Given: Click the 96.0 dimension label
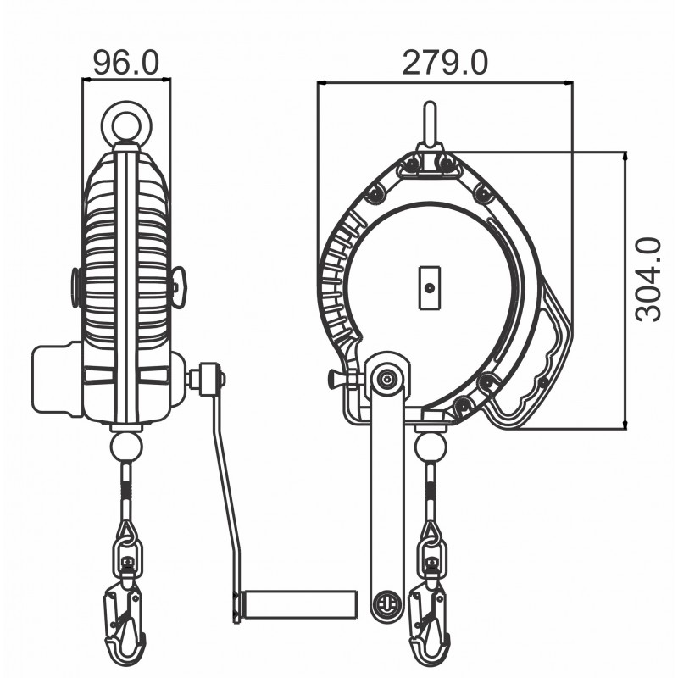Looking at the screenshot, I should click(x=125, y=63).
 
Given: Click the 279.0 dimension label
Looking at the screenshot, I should click(x=445, y=63).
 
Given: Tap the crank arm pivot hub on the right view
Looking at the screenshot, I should click(x=388, y=378).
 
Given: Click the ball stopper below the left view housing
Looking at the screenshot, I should click(x=126, y=445).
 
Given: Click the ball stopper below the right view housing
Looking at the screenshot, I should click(x=430, y=446).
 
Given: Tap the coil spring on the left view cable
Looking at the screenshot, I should click(x=126, y=489).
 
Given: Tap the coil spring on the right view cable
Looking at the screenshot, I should click(x=430, y=489).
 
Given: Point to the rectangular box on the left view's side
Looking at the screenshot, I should click(x=57, y=378).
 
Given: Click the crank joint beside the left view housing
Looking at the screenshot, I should click(x=207, y=376).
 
